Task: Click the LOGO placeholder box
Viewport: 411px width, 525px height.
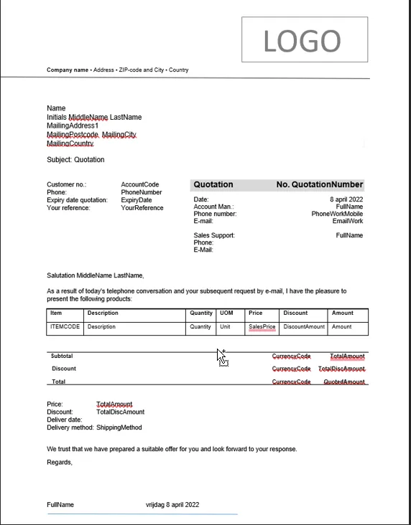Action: pos(301,40)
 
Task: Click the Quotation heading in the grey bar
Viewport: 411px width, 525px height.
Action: pos(213,185)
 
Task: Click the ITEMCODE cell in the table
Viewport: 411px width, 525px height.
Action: pos(65,327)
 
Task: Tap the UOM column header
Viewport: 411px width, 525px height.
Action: pos(226,313)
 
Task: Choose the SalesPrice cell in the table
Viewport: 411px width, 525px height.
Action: pos(262,327)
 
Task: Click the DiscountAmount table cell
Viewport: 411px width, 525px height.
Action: pos(304,327)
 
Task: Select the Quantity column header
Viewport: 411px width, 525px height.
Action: pos(201,313)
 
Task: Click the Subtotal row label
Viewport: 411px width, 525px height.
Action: pos(62,356)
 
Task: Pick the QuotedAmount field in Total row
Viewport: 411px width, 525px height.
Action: pos(344,382)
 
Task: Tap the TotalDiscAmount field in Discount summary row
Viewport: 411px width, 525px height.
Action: pos(342,369)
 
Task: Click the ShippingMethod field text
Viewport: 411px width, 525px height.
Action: pos(119,427)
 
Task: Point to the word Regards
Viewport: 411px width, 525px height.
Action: pos(60,463)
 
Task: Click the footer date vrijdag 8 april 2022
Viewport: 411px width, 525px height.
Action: pos(172,506)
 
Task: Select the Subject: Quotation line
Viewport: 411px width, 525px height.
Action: pos(75,160)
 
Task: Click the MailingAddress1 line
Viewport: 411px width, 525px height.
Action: pos(73,126)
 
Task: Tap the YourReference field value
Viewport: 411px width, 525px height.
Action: pos(142,208)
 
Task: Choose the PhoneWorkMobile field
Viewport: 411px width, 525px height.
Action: pos(337,214)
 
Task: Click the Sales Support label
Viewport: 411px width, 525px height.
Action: pos(214,235)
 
